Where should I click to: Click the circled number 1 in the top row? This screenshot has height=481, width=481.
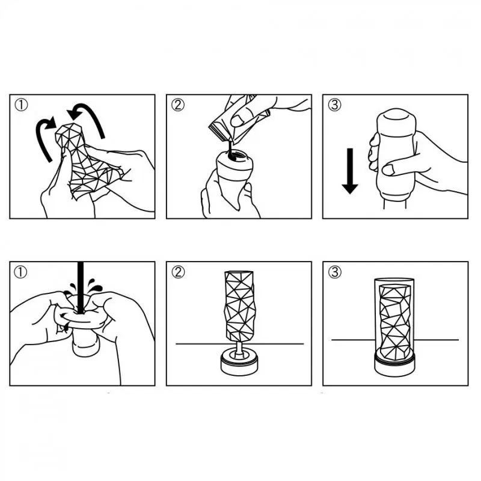(22, 105)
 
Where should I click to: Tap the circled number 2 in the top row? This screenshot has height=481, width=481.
(178, 105)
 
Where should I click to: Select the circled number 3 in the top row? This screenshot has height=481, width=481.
(334, 105)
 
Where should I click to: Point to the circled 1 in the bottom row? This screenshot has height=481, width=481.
(22, 272)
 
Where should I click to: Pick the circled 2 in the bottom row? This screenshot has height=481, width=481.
(178, 272)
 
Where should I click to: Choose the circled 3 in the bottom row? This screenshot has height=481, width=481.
(334, 272)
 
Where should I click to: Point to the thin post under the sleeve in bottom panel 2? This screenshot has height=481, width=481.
(239, 348)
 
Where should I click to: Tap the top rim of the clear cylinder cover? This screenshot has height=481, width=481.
(395, 280)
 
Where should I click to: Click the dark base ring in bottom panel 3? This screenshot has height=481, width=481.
(395, 364)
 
